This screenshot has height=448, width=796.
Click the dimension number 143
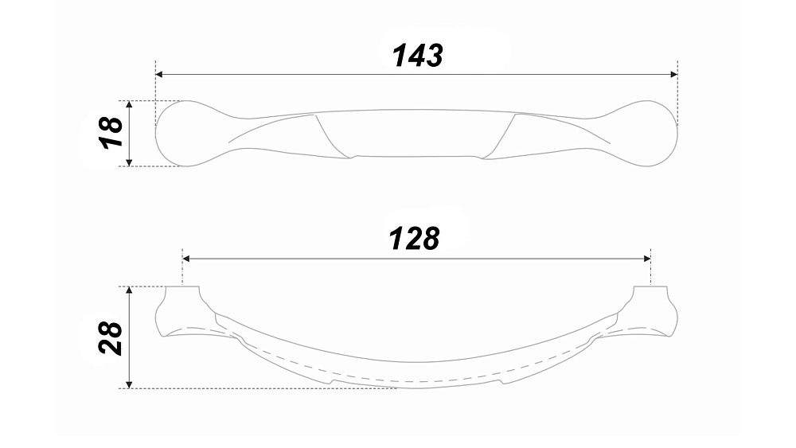(418, 55)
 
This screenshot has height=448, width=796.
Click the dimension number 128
(414, 239)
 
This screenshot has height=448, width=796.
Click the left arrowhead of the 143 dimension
(158, 75)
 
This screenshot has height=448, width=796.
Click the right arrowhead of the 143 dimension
(674, 75)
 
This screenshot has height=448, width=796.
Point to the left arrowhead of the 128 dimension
(185, 259)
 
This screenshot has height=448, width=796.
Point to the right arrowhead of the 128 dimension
(647, 259)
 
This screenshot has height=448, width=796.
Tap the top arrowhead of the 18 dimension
(129, 104)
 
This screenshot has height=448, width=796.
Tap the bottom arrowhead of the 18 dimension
(129, 162)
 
